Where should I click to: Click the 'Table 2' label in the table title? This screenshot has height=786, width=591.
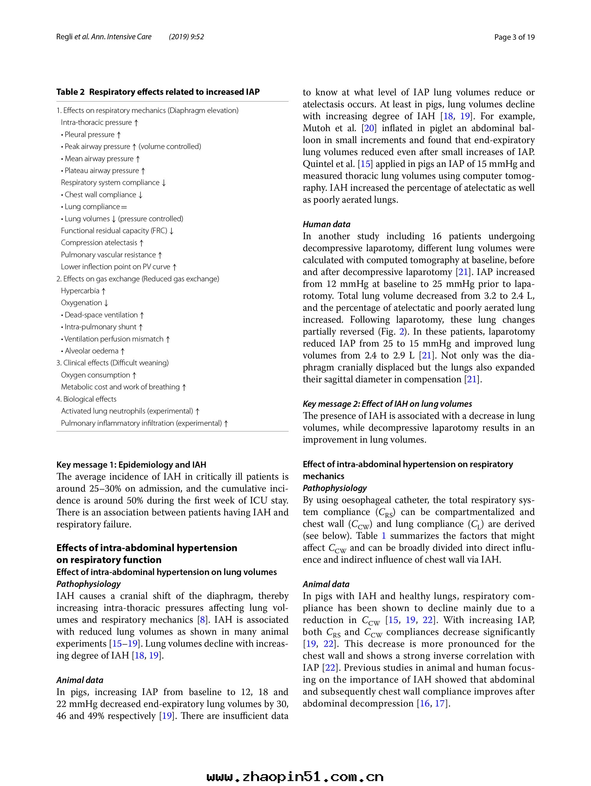coord(70,92)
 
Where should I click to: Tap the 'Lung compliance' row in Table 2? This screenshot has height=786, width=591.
coord(95,207)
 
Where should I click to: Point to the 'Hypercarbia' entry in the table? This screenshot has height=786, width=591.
coord(83,291)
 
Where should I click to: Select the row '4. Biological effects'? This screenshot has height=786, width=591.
coord(86,399)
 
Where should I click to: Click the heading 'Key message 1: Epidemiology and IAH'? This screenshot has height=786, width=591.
coord(131,465)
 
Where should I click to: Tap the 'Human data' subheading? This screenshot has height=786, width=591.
coord(326,224)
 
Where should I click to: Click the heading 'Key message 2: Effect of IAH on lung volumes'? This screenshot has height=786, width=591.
coord(387,404)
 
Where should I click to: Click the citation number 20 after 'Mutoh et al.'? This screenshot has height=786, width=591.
coord(369,128)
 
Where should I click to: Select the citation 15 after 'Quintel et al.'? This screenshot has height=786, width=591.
coord(365,164)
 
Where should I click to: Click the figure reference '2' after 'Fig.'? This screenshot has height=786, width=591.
coord(402,332)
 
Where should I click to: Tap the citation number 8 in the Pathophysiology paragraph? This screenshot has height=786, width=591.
coord(203,620)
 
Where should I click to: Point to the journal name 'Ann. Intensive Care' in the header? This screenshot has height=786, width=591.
coord(121,37)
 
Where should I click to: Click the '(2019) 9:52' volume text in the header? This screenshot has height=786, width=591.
coord(186,37)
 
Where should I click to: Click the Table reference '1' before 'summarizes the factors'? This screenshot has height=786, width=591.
coord(384,536)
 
